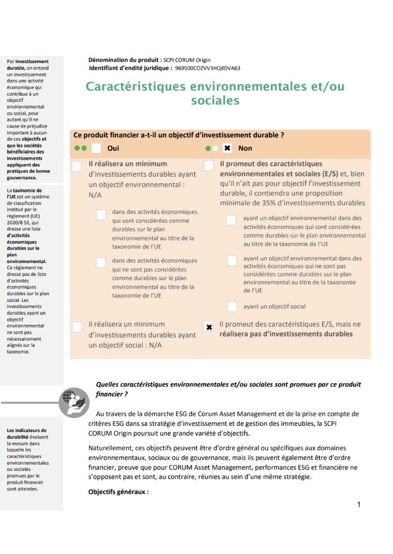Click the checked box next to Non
[x=227, y=148]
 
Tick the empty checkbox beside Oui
[x=96, y=148]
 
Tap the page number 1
[x=359, y=504]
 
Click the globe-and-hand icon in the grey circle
[x=74, y=402]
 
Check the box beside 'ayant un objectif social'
[x=232, y=306]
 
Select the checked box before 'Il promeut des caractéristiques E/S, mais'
[x=209, y=327]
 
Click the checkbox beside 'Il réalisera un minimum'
[x=77, y=166]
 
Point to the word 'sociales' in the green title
[x=215, y=100]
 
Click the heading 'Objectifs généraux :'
[x=118, y=491]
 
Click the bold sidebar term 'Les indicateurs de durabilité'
[x=26, y=433]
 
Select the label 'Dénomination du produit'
[x=124, y=60]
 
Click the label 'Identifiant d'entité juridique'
[x=130, y=68]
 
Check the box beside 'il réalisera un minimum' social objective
[x=77, y=327]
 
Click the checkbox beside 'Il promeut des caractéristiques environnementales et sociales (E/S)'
[x=209, y=166]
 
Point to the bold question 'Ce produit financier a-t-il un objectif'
[x=179, y=135]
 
